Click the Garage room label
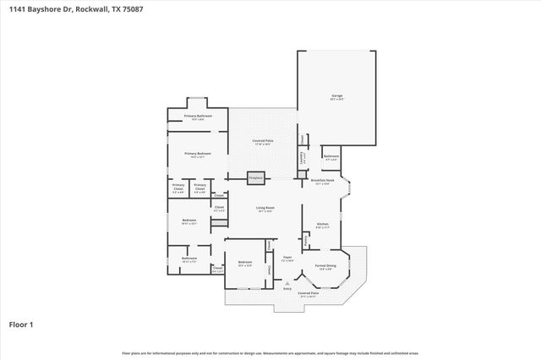coord(336,97)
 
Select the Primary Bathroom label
coord(197,116)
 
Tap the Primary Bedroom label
coord(197,153)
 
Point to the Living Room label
coord(264,209)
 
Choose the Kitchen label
coord(321,224)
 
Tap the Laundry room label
coord(302,156)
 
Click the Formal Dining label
coord(325,266)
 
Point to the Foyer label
coord(287,258)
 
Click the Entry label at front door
coord(287,288)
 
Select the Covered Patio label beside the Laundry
coord(263,141)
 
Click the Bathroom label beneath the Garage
coord(331,156)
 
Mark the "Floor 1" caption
coord(20,324)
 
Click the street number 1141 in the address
coord(16,8)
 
